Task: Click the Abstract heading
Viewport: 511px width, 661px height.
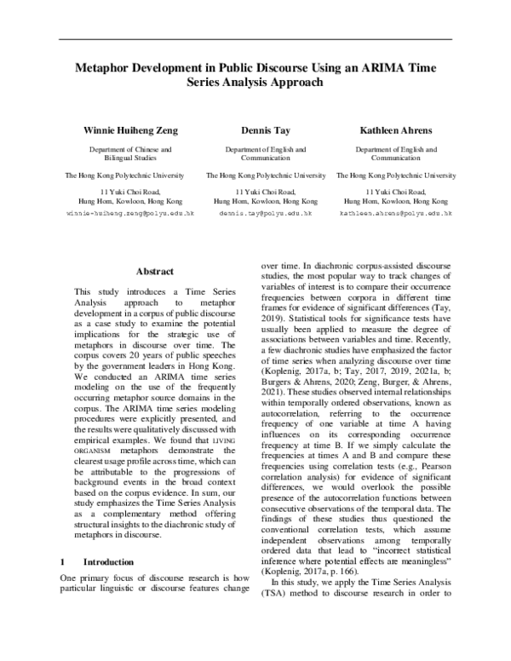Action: pos(155,272)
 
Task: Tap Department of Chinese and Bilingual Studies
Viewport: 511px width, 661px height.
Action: pos(130,153)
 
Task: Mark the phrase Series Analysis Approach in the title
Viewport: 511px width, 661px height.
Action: pos(255,83)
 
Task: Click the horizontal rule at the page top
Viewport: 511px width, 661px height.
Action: pos(255,39)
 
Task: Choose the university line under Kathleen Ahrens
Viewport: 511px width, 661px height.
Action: pos(383,175)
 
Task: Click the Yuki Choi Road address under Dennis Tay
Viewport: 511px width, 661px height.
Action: pos(254,192)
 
